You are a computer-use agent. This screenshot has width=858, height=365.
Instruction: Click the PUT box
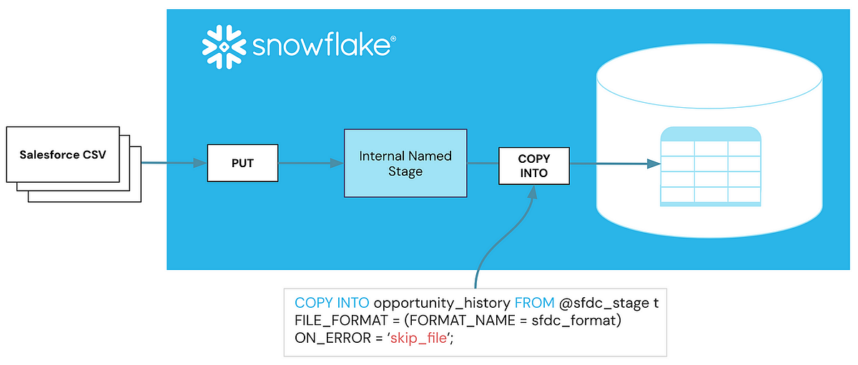tap(242, 163)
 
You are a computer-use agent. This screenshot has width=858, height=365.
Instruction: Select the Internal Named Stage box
tap(405, 164)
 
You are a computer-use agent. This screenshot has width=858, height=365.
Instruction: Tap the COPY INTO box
tap(533, 165)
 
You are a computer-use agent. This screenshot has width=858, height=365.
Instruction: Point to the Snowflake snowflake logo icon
tap(224, 47)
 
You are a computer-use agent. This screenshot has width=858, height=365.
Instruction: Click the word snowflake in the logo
tap(320, 48)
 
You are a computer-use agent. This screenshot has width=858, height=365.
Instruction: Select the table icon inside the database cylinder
tap(710, 166)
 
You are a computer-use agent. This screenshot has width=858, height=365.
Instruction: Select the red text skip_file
tap(418, 339)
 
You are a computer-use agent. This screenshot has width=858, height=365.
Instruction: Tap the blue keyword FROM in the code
tap(534, 302)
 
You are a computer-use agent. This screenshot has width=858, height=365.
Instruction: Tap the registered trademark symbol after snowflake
tap(393, 40)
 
